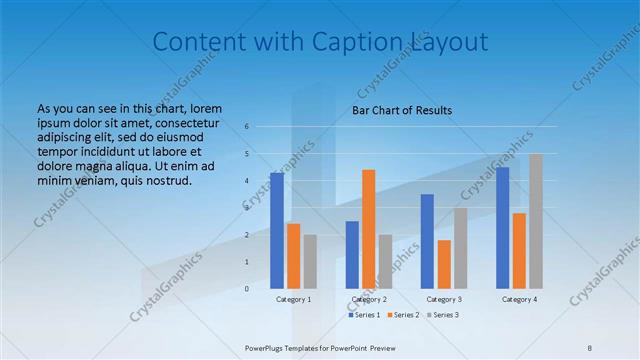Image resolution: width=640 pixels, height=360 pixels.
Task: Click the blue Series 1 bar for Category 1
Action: [276, 231]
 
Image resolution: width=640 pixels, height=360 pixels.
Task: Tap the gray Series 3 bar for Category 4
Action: [536, 221]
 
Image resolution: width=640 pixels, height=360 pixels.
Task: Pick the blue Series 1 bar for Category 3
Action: [427, 241]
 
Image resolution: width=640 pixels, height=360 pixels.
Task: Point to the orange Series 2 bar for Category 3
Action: [444, 264]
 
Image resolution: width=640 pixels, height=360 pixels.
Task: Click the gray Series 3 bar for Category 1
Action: [310, 262]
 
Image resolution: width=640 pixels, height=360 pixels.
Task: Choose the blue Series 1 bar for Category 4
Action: [502, 228]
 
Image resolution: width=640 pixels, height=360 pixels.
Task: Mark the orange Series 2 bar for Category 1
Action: [293, 256]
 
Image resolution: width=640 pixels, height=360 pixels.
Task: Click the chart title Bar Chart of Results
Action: [402, 110]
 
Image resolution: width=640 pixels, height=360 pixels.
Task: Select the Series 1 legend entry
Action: [366, 315]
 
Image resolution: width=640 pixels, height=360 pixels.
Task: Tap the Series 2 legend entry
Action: [403, 315]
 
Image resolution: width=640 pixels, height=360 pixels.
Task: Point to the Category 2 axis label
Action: [369, 299]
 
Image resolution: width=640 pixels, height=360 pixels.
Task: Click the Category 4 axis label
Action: [519, 299]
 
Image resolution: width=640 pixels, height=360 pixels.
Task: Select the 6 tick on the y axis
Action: [246, 127]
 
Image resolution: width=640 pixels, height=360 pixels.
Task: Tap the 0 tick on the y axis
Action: [246, 289]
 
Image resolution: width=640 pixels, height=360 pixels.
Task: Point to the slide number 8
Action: [590, 347]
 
